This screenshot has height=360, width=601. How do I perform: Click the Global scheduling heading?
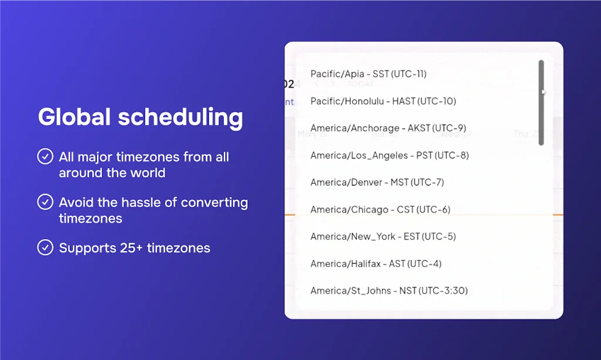pos(140,117)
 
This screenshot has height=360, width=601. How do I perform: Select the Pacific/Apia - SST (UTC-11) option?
pos(368,74)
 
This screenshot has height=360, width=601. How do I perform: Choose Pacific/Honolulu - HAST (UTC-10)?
pos(383,101)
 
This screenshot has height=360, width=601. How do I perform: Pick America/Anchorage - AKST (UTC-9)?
pos(388,128)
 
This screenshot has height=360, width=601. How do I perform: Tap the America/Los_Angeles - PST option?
pos(389,155)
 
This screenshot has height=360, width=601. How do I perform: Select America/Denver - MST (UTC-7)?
pos(377,182)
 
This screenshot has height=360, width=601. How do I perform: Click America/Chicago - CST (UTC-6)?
pos(380,209)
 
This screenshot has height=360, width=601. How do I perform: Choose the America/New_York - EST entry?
pos(383,236)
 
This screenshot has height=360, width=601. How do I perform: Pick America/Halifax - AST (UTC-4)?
pos(376,264)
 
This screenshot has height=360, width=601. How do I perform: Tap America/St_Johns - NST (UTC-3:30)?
pos(389,291)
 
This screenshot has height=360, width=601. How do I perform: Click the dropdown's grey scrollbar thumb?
pos(541,103)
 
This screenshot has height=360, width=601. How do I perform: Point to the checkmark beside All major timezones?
pos(45,157)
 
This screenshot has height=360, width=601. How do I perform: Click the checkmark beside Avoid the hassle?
pos(45,203)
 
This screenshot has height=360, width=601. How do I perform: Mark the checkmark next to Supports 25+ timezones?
pos(45,248)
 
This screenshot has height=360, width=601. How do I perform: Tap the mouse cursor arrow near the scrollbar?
pos(543,92)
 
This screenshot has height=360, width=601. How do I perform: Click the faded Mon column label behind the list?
pos(306,134)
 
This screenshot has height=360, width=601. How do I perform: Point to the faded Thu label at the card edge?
pos(521,134)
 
